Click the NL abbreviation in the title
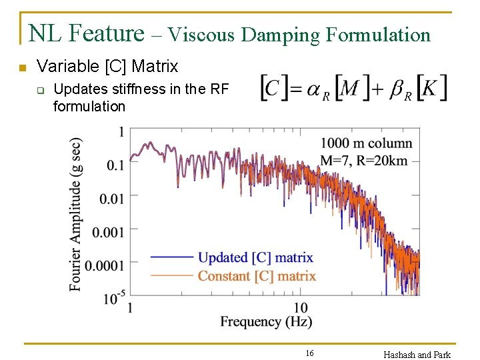click(x=46, y=33)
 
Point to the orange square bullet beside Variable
click(x=23, y=68)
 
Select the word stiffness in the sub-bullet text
click(x=127, y=89)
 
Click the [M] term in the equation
click(x=353, y=88)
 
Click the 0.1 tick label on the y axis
click(x=115, y=165)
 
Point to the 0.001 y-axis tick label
click(x=107, y=232)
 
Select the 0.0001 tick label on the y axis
click(x=104, y=265)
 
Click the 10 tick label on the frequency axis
click(x=301, y=308)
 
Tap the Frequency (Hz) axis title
click(x=266, y=322)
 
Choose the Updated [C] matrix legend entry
click(x=255, y=257)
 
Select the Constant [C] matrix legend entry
click(x=257, y=275)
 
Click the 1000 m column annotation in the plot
click(x=366, y=143)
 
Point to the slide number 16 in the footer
click(x=309, y=353)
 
